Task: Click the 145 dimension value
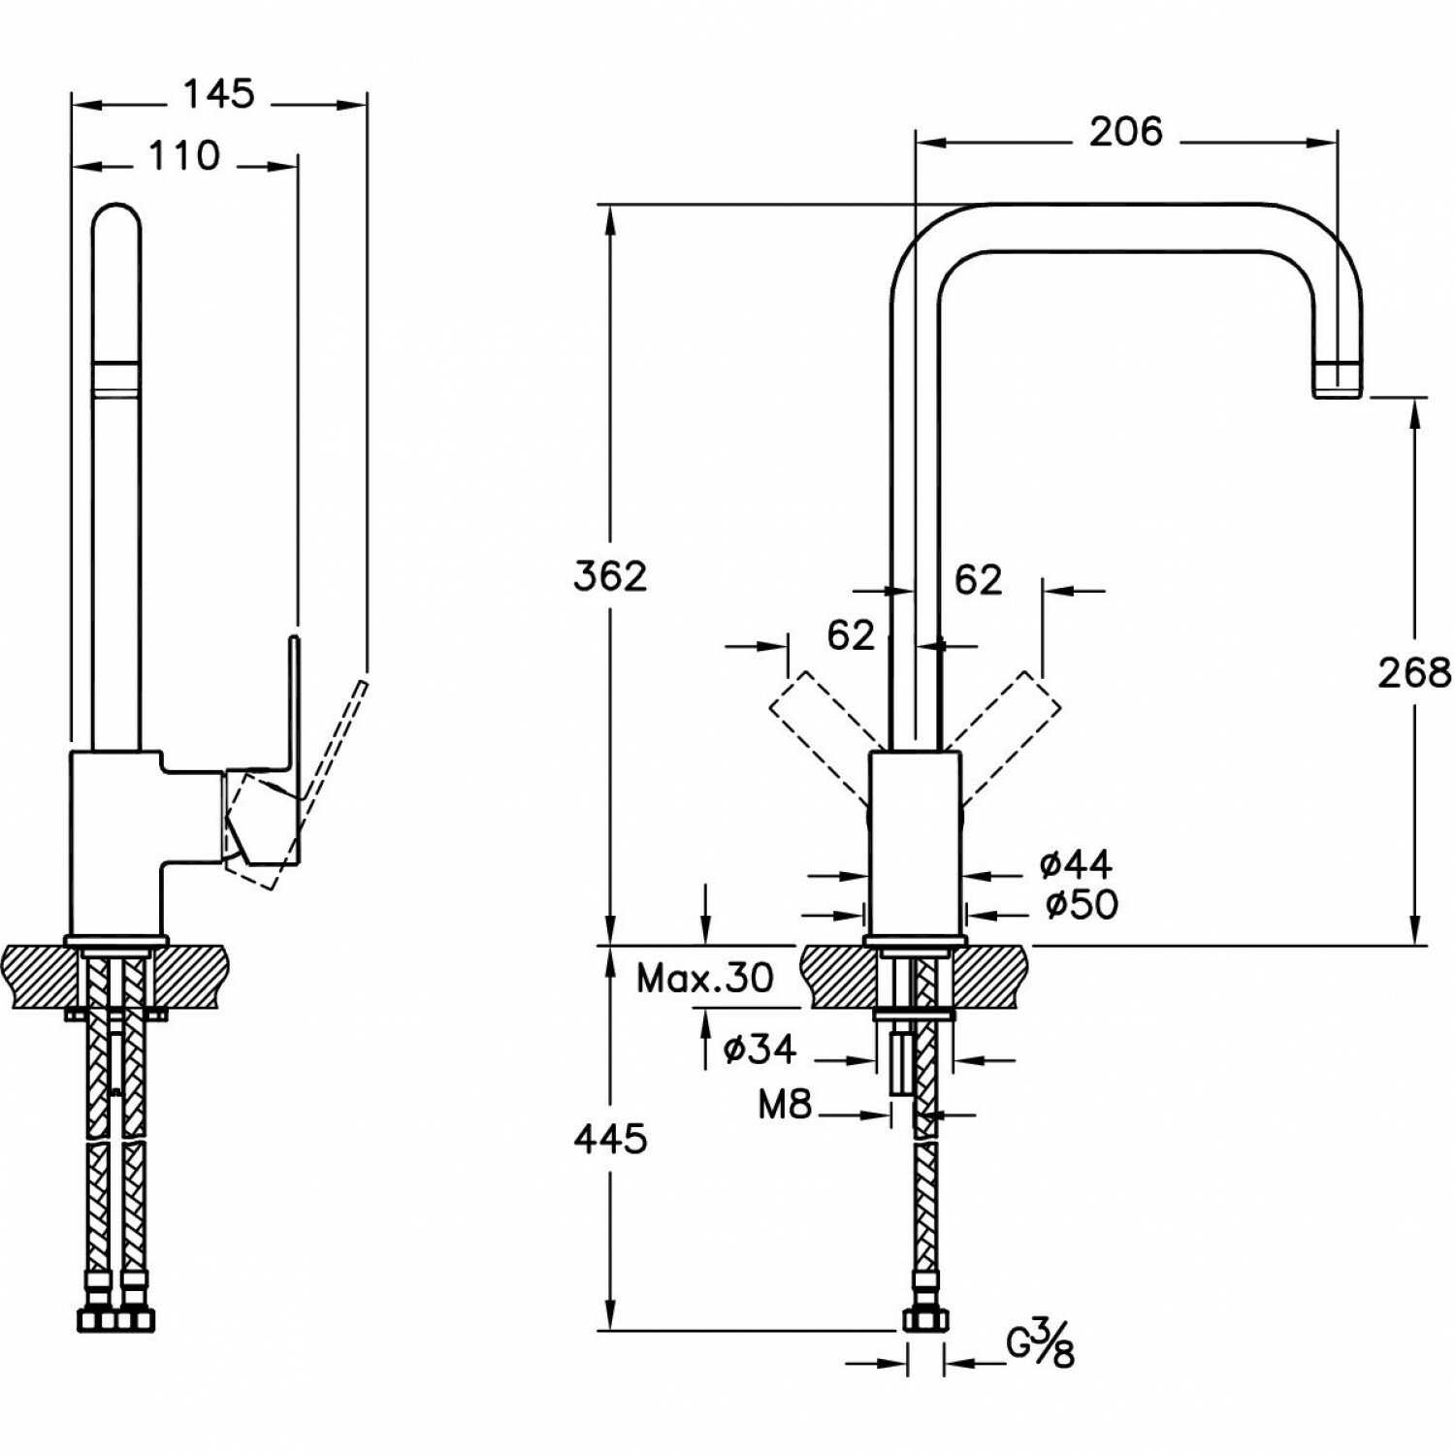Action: [219, 95]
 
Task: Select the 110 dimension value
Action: [184, 155]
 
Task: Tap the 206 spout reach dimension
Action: [1125, 131]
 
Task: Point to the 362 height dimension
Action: [609, 577]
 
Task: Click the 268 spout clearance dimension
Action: [1414, 671]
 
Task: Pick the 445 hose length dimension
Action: [609, 1139]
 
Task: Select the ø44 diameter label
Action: [1075, 863]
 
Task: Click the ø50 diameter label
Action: [1082, 905]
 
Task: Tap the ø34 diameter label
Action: [760, 1048]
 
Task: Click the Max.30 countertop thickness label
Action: [705, 979]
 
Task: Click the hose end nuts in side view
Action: [114, 1319]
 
